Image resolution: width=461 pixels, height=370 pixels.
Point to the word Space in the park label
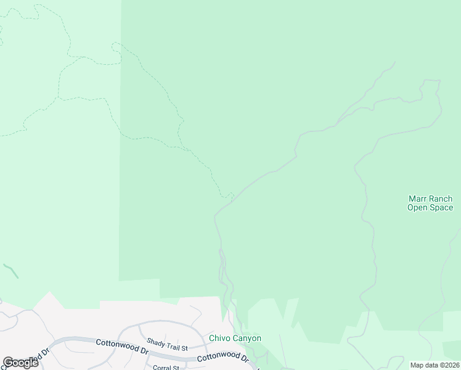point(441,208)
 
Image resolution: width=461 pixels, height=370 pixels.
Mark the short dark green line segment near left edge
point(10,271)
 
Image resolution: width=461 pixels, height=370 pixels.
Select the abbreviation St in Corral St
point(175,368)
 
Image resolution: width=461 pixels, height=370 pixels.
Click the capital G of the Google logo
point(8,363)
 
